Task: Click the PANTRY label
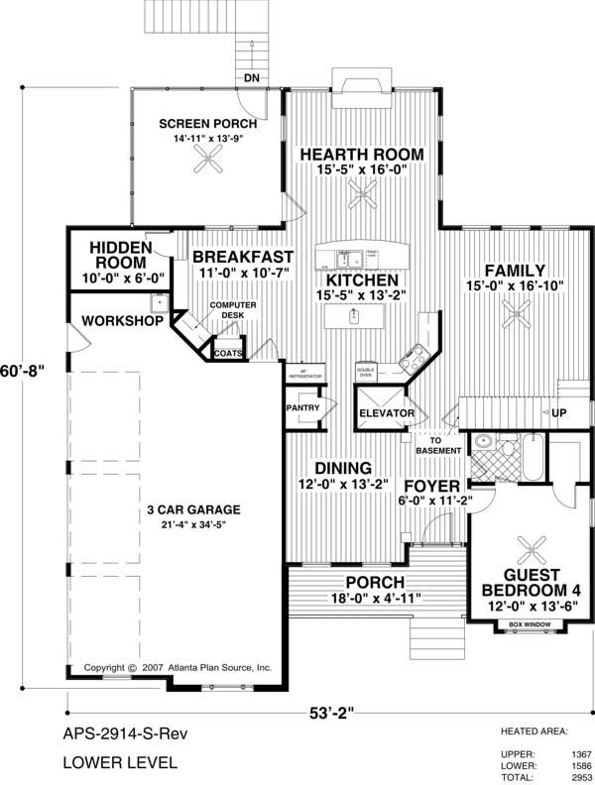coord(300,407)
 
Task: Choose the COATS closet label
coord(227,350)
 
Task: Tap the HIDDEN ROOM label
coord(119,256)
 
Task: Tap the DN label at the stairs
coord(252,77)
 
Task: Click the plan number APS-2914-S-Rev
coord(125,734)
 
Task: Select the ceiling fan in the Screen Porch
coord(207,165)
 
